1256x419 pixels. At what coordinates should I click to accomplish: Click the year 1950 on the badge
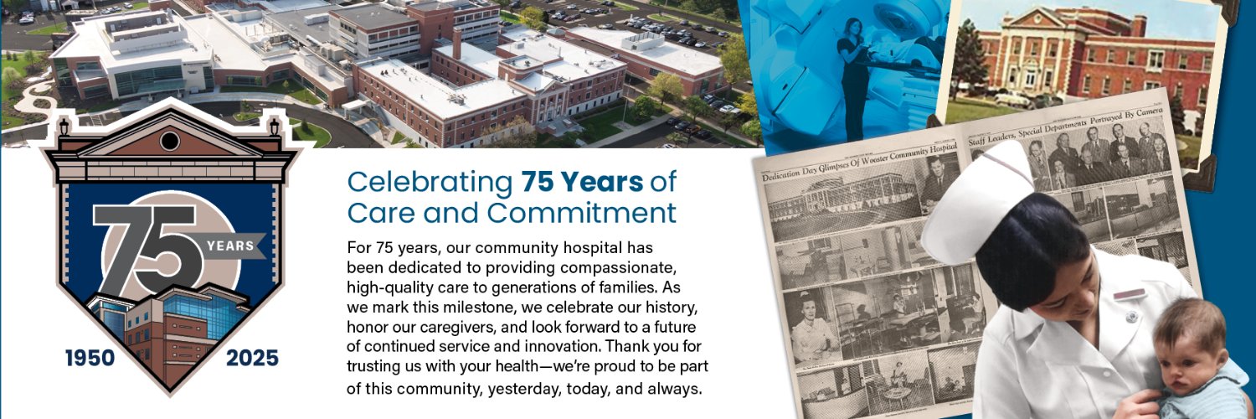point(90,359)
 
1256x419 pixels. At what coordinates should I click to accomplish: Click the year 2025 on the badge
point(252,359)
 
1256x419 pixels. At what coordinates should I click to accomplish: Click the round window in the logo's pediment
point(170,141)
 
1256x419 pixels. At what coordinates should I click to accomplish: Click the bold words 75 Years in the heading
point(580,181)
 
